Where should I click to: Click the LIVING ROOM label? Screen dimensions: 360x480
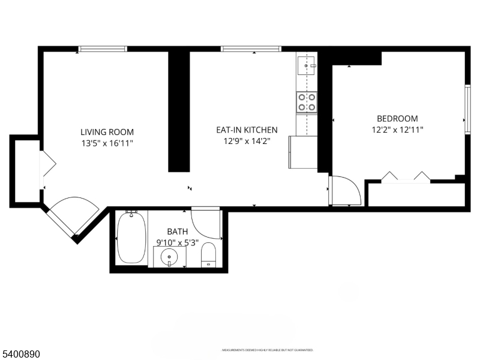107,132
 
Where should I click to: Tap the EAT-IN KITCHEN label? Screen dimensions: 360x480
247,130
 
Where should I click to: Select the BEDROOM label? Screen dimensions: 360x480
397,119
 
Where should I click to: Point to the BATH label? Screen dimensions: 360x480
177,231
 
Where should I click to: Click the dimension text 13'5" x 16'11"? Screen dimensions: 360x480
107,143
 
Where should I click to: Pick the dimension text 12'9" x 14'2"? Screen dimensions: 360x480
247,142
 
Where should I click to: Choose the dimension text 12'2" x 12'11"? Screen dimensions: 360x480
397,130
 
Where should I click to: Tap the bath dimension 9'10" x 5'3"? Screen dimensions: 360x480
177,243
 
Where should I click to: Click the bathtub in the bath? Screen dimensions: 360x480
131,238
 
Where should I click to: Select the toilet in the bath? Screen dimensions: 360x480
208,254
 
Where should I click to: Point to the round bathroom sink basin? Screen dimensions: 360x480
170,257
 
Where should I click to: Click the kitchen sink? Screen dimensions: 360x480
307,65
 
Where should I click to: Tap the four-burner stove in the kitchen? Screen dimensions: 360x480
307,102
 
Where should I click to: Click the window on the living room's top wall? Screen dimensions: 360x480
103,49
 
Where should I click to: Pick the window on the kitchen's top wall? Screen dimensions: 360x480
251,49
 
